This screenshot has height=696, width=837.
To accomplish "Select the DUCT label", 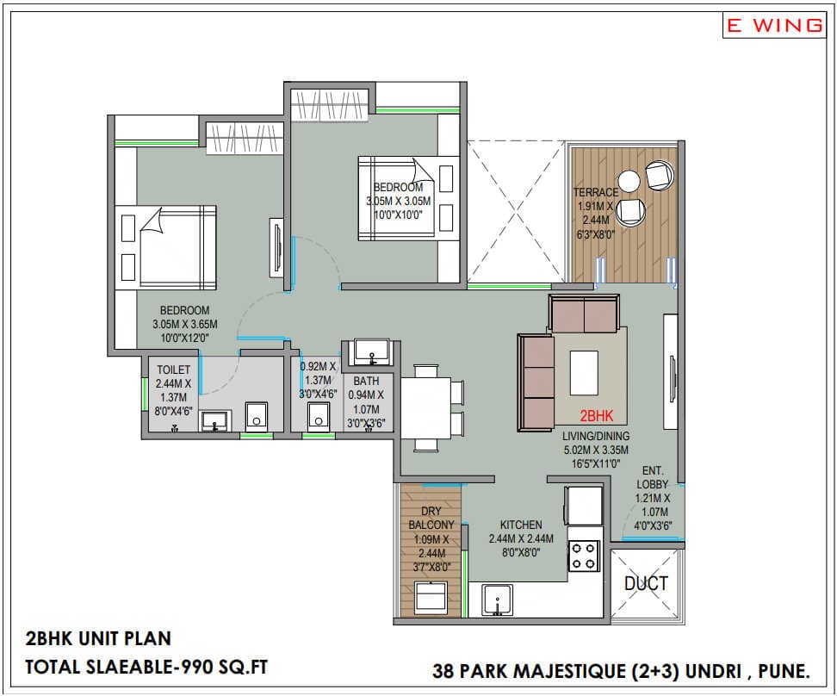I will tap(646, 583).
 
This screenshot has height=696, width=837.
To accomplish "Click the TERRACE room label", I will tap(597, 192).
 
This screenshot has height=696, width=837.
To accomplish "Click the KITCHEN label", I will tap(521, 525).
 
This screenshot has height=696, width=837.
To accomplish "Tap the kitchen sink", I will tap(497, 597).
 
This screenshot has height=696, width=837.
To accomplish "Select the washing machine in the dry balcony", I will tap(431, 597).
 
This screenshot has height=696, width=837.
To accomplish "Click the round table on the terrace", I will tap(629, 181).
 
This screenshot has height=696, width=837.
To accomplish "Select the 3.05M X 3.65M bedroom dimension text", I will tap(185, 324).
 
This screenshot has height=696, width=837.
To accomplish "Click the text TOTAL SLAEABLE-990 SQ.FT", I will tap(141, 666).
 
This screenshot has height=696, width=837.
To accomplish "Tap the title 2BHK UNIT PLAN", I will tap(98, 639).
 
